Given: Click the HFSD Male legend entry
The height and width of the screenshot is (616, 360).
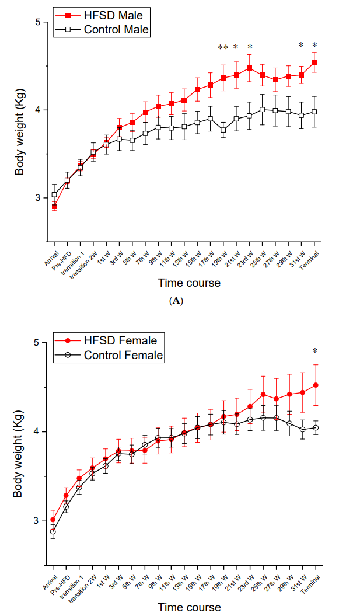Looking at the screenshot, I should coord(103,15).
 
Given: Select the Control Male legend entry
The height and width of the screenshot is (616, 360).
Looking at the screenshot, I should coord(103,29).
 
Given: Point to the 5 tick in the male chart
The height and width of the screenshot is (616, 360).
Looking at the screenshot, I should coord(37,22).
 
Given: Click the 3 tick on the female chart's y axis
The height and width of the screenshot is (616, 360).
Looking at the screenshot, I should coord(37,520).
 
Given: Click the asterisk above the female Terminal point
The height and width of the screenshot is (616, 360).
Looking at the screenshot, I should coord(315,351).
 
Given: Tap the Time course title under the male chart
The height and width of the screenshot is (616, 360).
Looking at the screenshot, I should coord(189,283).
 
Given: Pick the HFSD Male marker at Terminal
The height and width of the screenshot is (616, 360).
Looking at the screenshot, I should coord(314,62).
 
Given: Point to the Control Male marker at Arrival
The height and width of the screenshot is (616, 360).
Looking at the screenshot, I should coord(54,194).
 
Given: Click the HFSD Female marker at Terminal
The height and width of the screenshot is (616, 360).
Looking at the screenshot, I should coord(315,385).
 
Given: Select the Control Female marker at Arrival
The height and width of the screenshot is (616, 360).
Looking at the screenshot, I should coord(53,531).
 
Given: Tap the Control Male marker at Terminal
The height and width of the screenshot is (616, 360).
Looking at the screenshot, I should coord(314,112).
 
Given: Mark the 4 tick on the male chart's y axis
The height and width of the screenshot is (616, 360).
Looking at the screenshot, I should coord(37,110).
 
